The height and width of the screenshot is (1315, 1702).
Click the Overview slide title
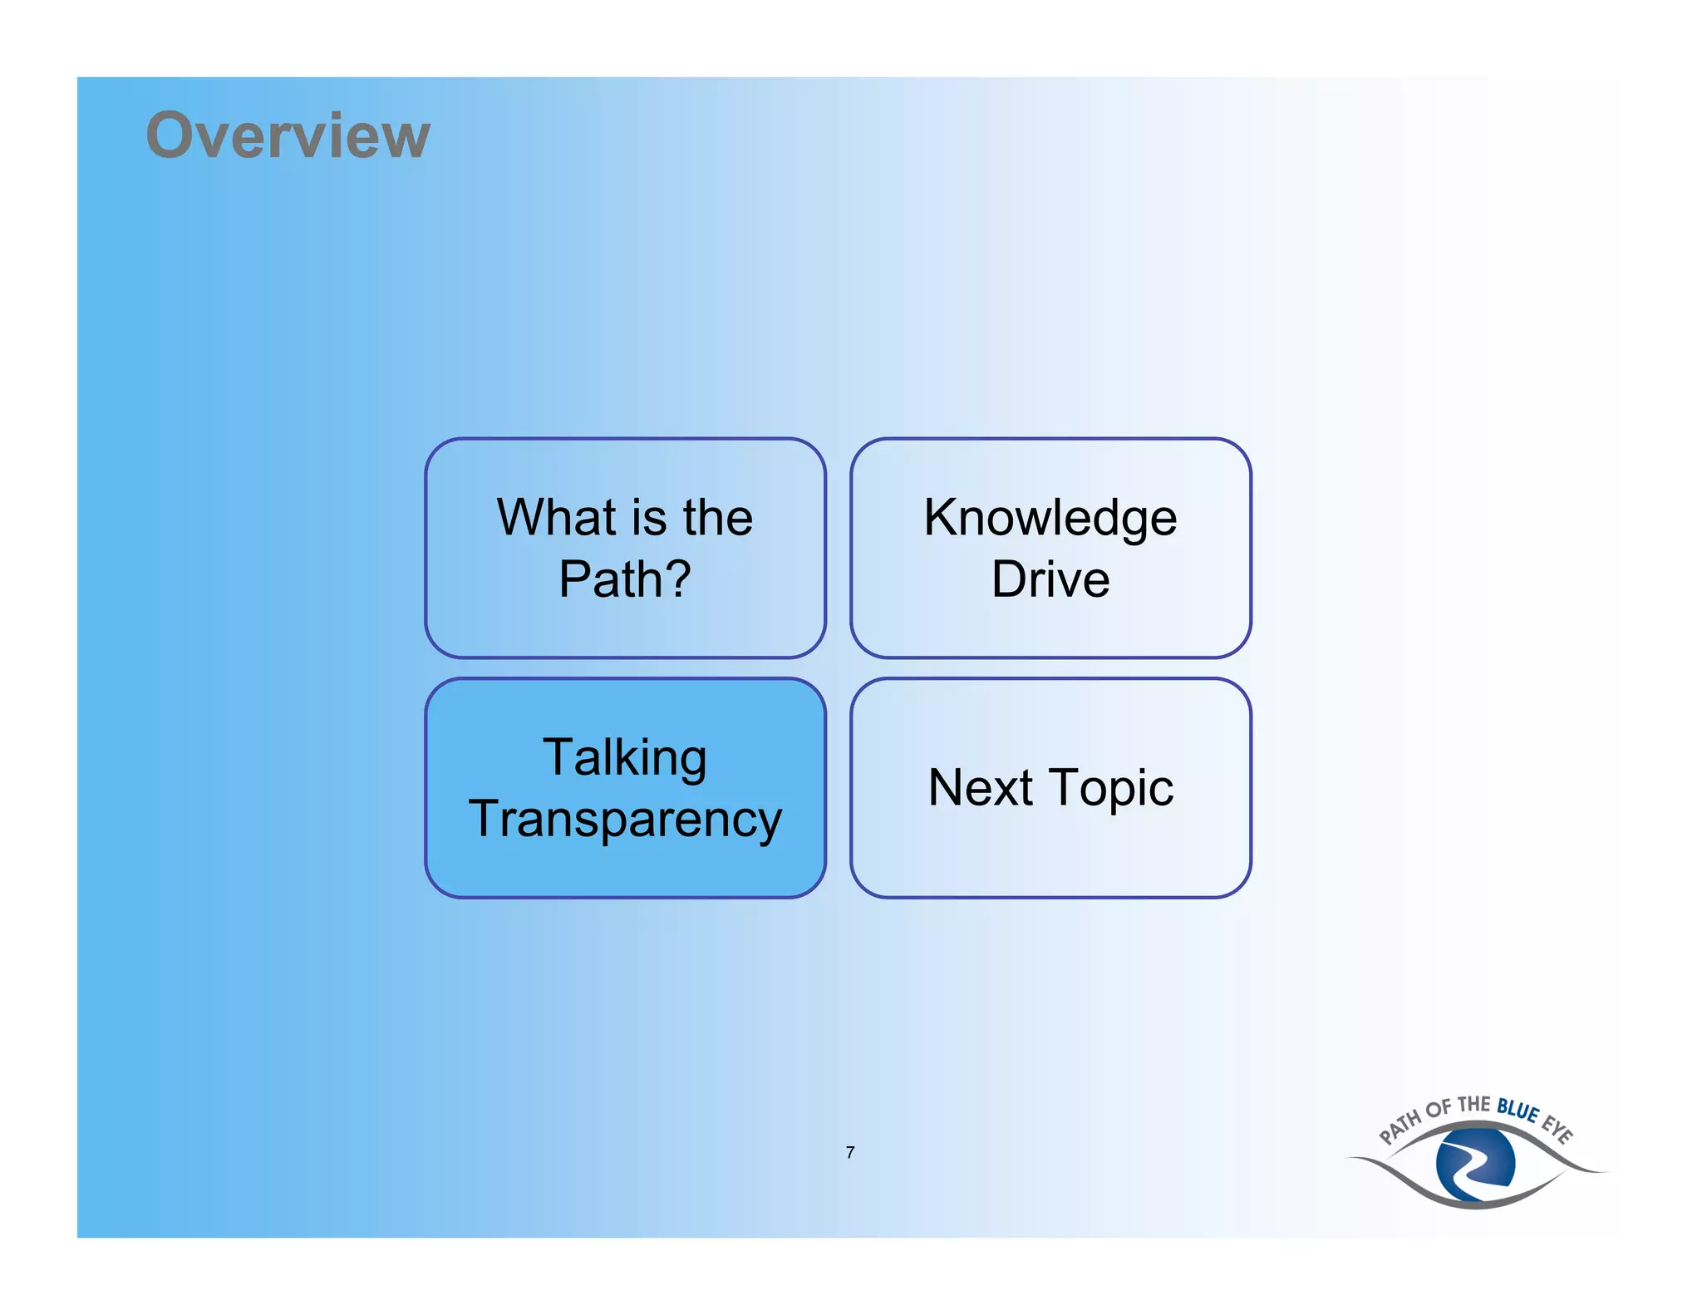click(288, 135)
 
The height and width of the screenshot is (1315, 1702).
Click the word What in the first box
click(556, 517)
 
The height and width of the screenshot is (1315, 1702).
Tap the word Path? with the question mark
click(625, 579)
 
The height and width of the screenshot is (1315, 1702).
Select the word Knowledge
click(1050, 517)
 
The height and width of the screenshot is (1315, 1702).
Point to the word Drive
click(1050, 579)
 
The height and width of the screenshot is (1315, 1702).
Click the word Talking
click(625, 757)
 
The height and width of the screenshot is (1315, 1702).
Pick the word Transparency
click(625, 820)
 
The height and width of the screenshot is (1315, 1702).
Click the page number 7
click(850, 1152)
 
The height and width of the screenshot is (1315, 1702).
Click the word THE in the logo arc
click(1474, 1105)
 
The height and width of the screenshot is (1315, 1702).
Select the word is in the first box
click(649, 517)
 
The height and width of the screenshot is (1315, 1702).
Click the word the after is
click(717, 517)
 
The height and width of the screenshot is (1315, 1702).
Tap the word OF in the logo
click(1439, 1110)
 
